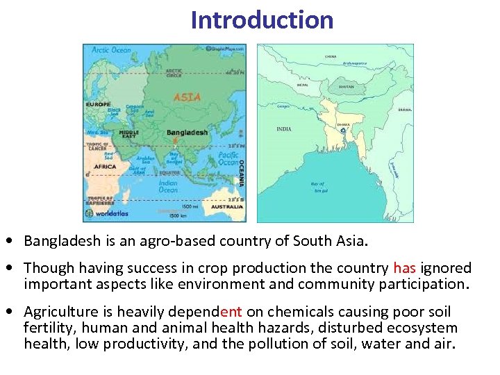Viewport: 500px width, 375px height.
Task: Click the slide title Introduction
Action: coord(262,19)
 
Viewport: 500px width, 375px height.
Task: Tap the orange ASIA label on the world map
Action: coord(187,98)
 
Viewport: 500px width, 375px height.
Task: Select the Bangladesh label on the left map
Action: coord(187,133)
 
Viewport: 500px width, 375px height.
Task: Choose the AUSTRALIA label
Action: coord(226,206)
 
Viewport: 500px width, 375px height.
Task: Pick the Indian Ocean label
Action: coord(168,185)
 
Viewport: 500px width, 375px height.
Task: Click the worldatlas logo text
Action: coord(112,215)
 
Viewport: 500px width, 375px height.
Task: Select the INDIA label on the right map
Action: coord(284,129)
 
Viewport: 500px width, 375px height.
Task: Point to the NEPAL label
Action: coord(303,85)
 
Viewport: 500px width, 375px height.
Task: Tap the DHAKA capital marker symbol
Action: coord(343,131)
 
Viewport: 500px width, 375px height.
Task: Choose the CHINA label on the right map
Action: coord(331,56)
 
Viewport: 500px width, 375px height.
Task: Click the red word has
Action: coord(404,268)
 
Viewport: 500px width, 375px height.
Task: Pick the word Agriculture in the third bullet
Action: coord(60,312)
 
